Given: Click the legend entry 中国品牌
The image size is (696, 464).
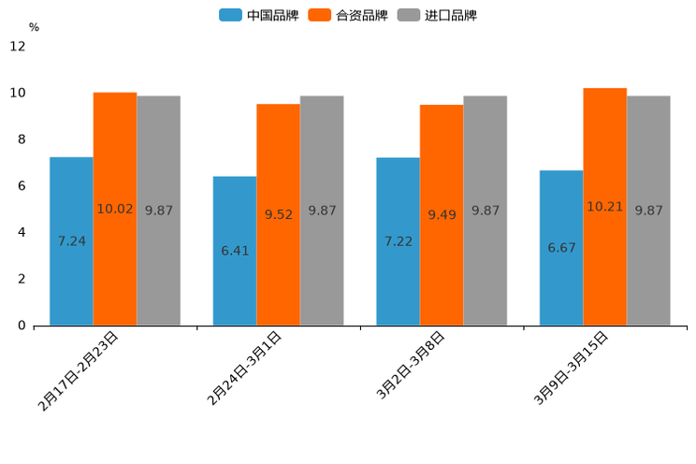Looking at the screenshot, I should coord(258,15).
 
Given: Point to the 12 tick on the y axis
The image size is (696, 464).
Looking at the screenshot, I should coord(18,47).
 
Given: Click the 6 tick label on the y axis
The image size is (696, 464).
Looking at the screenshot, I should coord(21,186).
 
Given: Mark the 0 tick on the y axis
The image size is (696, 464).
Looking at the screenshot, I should coord(21,326).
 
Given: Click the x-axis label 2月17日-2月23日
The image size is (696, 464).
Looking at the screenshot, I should coord(80,370).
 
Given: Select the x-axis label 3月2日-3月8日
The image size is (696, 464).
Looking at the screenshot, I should coord(411,366).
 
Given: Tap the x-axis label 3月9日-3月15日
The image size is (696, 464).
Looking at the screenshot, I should coord(571,368).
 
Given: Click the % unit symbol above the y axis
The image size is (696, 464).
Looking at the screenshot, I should coord(34,27).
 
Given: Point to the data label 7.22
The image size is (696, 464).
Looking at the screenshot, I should coord(399,241).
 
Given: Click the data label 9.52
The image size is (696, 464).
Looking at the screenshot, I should coord(279,214).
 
